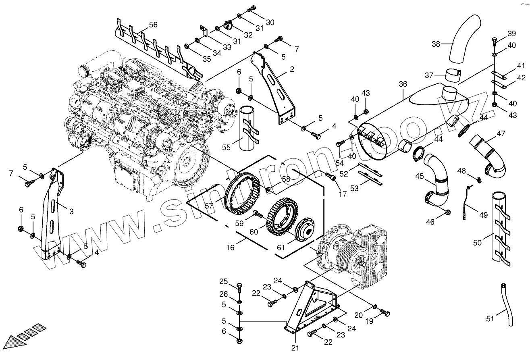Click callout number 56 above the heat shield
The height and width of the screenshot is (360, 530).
(x=153, y=25)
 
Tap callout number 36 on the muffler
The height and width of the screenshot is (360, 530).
(x=403, y=84)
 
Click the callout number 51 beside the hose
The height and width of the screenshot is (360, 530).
(x=490, y=318)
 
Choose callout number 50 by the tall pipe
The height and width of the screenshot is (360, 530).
(x=478, y=242)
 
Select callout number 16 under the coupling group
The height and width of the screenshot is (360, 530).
(x=230, y=248)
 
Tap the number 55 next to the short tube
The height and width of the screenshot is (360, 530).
(x=226, y=148)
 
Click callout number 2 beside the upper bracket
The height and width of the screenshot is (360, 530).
(x=291, y=69)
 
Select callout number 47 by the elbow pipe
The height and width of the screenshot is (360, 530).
(x=501, y=133)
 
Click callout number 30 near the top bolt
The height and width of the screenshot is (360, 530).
(x=270, y=22)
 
